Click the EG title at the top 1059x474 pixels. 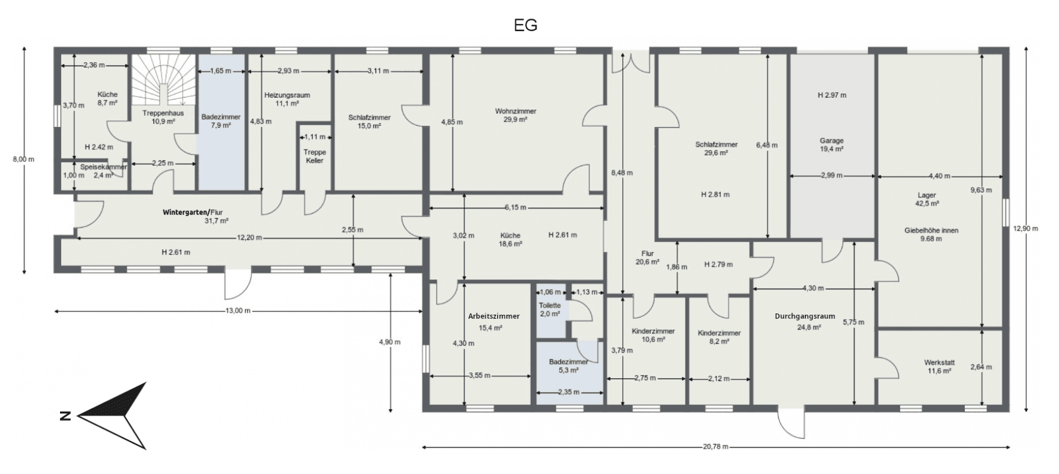click(x=525, y=25)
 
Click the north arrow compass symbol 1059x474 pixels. click(x=112, y=416)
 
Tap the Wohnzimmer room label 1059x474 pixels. click(x=515, y=111)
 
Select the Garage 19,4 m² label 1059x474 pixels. click(x=831, y=145)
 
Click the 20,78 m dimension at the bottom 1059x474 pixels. click(x=715, y=447)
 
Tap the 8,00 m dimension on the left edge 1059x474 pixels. click(x=24, y=159)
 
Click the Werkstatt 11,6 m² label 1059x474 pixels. click(x=938, y=367)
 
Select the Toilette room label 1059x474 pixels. click(x=550, y=306)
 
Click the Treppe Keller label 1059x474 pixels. click(x=315, y=156)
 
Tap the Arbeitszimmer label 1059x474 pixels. click(x=494, y=316)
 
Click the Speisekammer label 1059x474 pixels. click(x=104, y=167)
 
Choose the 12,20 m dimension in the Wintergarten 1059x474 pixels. click(x=249, y=238)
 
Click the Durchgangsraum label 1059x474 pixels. click(x=804, y=316)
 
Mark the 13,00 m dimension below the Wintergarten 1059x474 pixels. click(x=238, y=311)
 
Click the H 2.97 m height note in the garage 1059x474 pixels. click(x=832, y=95)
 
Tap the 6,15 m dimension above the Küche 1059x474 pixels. click(x=515, y=208)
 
